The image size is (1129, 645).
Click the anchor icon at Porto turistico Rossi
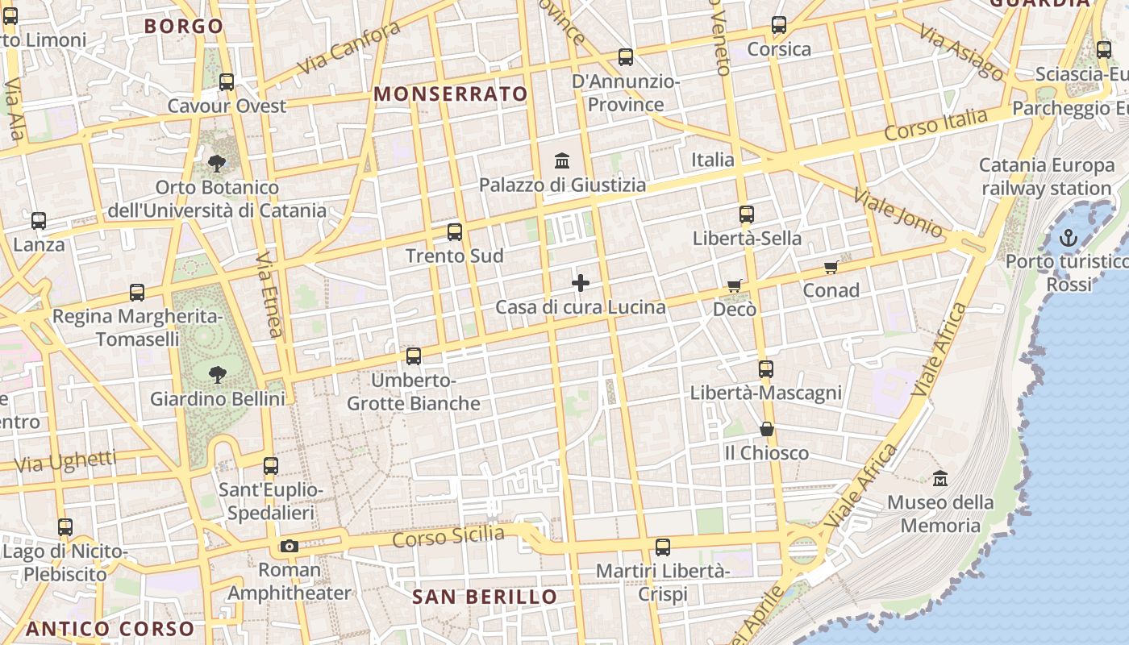point(1068,238)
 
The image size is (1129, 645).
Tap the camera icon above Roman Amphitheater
point(289,546)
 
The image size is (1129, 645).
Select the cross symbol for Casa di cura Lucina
point(580,283)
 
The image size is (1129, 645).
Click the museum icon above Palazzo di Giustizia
point(562,160)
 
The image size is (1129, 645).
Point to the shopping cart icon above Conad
point(831,267)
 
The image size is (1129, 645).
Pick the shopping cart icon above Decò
point(734,285)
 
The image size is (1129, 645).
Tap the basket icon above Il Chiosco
point(766,429)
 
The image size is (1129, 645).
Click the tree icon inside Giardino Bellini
point(217,374)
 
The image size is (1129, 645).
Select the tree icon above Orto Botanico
point(216,164)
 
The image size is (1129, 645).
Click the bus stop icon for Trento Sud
point(455,232)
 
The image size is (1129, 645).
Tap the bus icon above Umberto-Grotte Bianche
point(414,356)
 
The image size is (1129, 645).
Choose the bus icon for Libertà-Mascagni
point(765,369)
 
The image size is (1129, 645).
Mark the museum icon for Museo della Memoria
point(939,479)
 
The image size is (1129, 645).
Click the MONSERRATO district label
point(451,94)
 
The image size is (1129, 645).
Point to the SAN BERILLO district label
point(485,597)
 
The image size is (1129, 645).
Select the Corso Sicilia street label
point(448,536)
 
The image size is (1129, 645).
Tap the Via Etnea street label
point(269,293)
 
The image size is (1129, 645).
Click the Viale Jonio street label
point(898,214)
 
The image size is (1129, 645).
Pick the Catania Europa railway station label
point(1047,177)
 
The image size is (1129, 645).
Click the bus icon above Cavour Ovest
point(227,82)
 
